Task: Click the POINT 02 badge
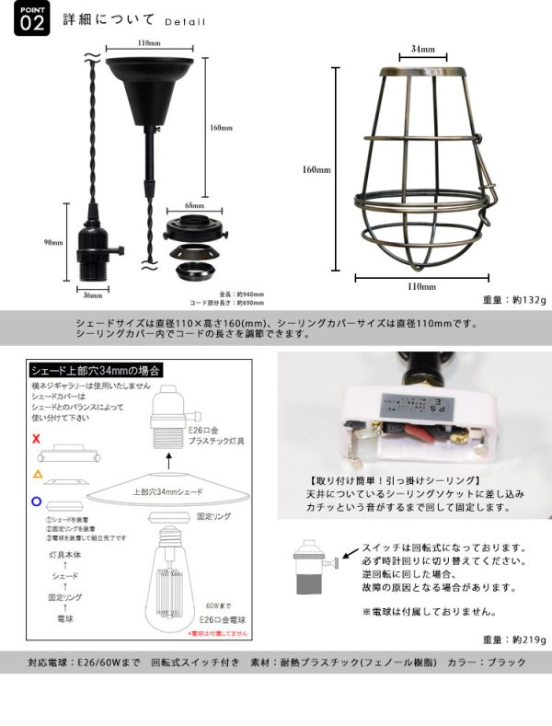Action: [x=29, y=20]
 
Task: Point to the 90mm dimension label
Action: [x=52, y=243]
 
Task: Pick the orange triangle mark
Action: [x=36, y=473]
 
